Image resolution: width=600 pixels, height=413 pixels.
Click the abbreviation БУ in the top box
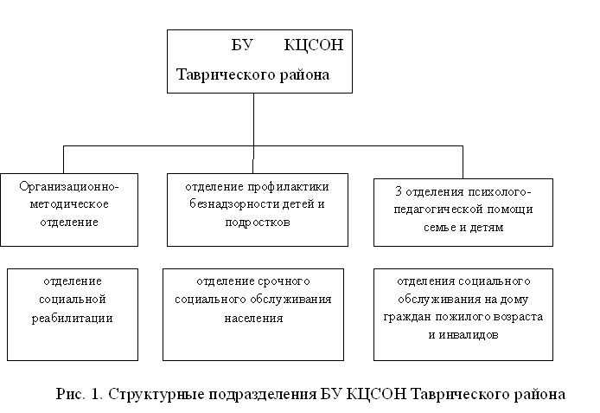click(243, 46)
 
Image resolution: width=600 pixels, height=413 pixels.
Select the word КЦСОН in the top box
click(313, 46)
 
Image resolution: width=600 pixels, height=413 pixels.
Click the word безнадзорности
click(233, 203)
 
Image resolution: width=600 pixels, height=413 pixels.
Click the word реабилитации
click(73, 317)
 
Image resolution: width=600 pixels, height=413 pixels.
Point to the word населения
click(252, 317)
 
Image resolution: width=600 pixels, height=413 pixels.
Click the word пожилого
click(464, 316)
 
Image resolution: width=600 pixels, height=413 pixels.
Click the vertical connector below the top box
click(253, 117)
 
